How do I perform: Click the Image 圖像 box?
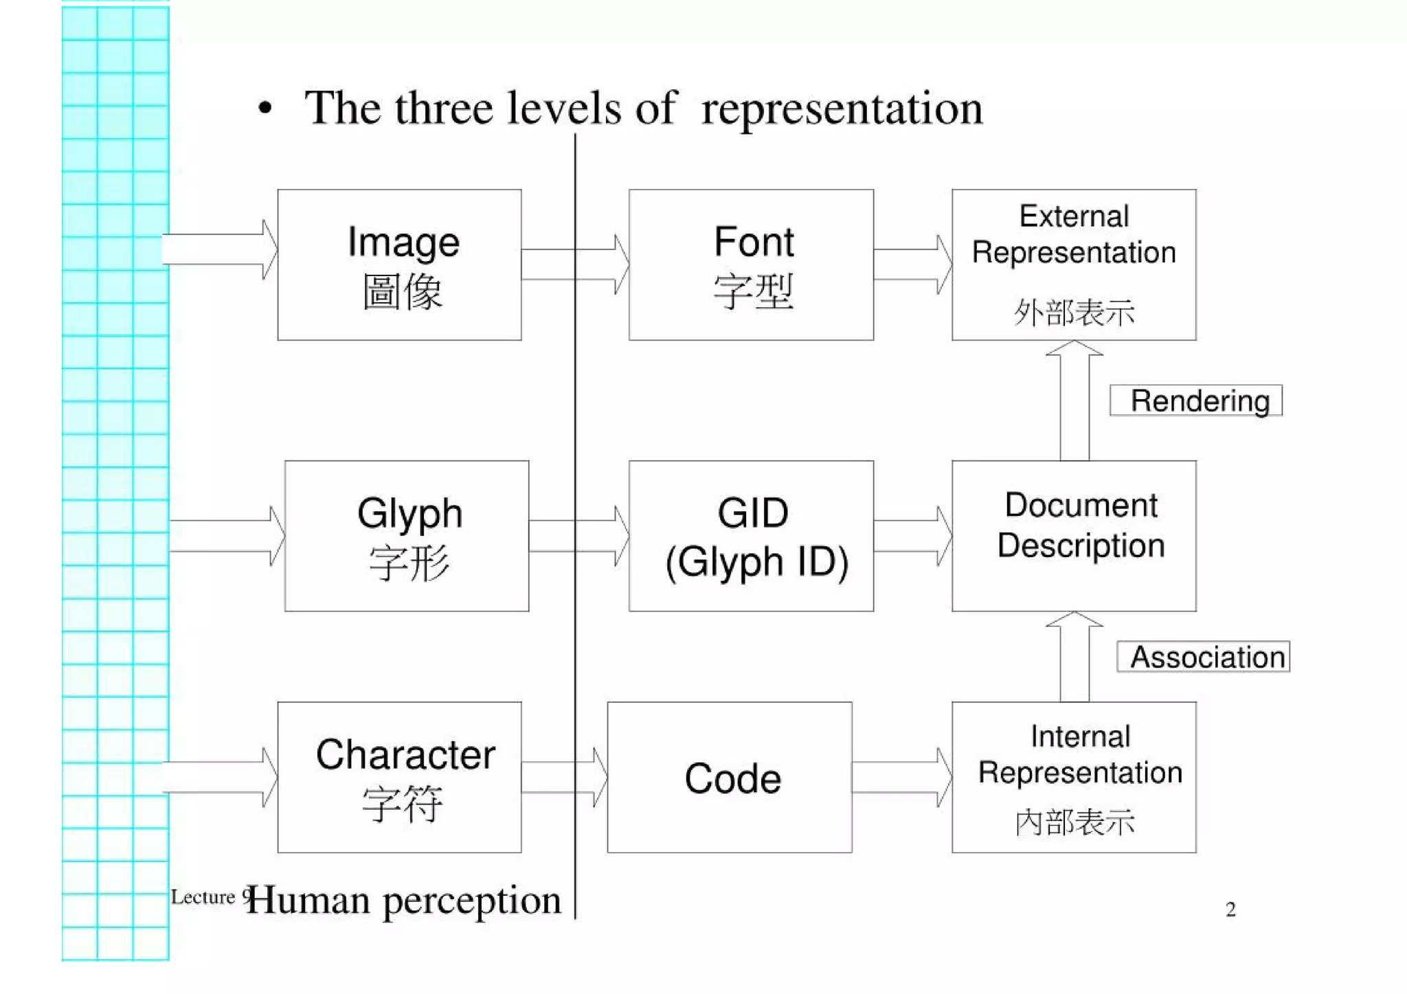pos(399,264)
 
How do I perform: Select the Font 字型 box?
pos(751,264)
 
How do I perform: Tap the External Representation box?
pos(1074,264)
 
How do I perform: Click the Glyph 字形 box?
pos(407,536)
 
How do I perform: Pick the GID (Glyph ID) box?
pos(751,536)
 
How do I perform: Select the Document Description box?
pos(1074,536)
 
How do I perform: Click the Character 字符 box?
pos(399,777)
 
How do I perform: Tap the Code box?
pos(730,777)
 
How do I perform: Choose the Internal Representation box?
pos(1074,777)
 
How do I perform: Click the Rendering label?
pos(1196,400)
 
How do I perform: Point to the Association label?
pos(1204,657)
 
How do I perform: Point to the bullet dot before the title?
pos(265,109)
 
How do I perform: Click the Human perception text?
pos(404,900)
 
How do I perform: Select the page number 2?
pos(1230,910)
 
